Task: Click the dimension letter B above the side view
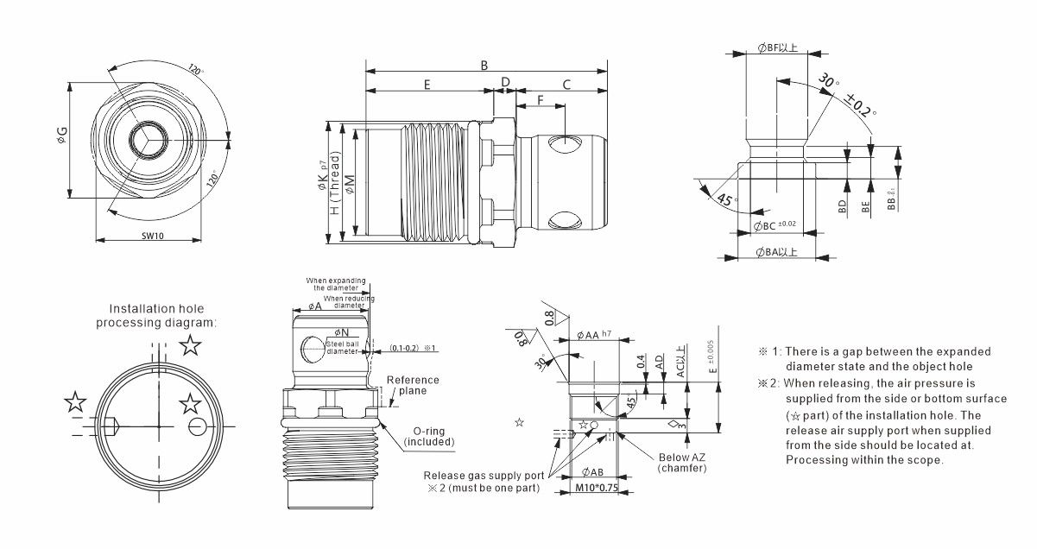[x=484, y=65]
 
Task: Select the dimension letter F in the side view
[x=541, y=100]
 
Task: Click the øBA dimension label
[x=776, y=253]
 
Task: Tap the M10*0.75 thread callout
[x=596, y=489]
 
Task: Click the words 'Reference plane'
[x=412, y=385]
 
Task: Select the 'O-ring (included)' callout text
[x=428, y=436]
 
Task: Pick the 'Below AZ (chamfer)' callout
[x=681, y=463]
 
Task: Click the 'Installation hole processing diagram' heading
[x=157, y=315]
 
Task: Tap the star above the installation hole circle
[x=191, y=346]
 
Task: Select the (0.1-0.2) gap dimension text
[x=404, y=347]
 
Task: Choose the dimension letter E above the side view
[x=426, y=84]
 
